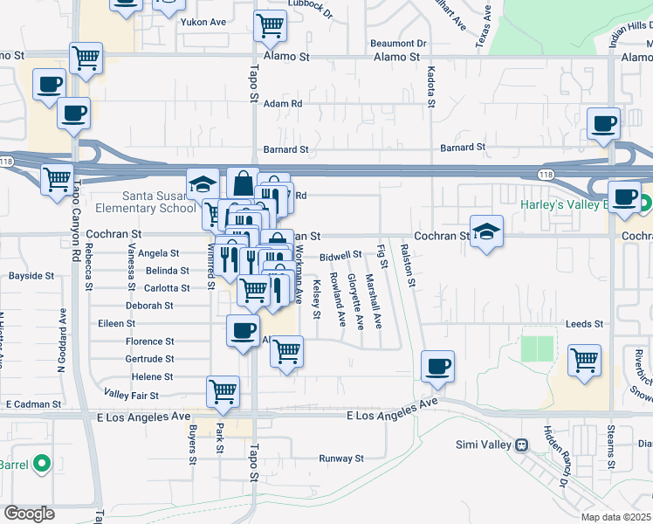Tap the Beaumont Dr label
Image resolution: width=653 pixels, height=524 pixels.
(x=397, y=43)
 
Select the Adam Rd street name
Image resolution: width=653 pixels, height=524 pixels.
(x=283, y=103)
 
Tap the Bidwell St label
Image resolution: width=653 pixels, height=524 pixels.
(x=340, y=255)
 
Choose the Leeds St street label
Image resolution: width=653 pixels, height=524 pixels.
(x=584, y=323)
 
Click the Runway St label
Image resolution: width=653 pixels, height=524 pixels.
(x=340, y=458)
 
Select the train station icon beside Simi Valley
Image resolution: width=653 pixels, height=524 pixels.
(x=521, y=444)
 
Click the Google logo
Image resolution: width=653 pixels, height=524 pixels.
(x=30, y=514)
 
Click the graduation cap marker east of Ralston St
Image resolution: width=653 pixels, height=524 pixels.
(x=486, y=231)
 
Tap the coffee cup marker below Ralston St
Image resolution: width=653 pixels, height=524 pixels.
(x=437, y=366)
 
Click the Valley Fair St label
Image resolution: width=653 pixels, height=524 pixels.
(x=131, y=396)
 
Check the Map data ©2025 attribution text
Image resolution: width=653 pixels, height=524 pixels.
(x=615, y=516)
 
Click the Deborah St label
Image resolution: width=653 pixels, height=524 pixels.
(x=149, y=306)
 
